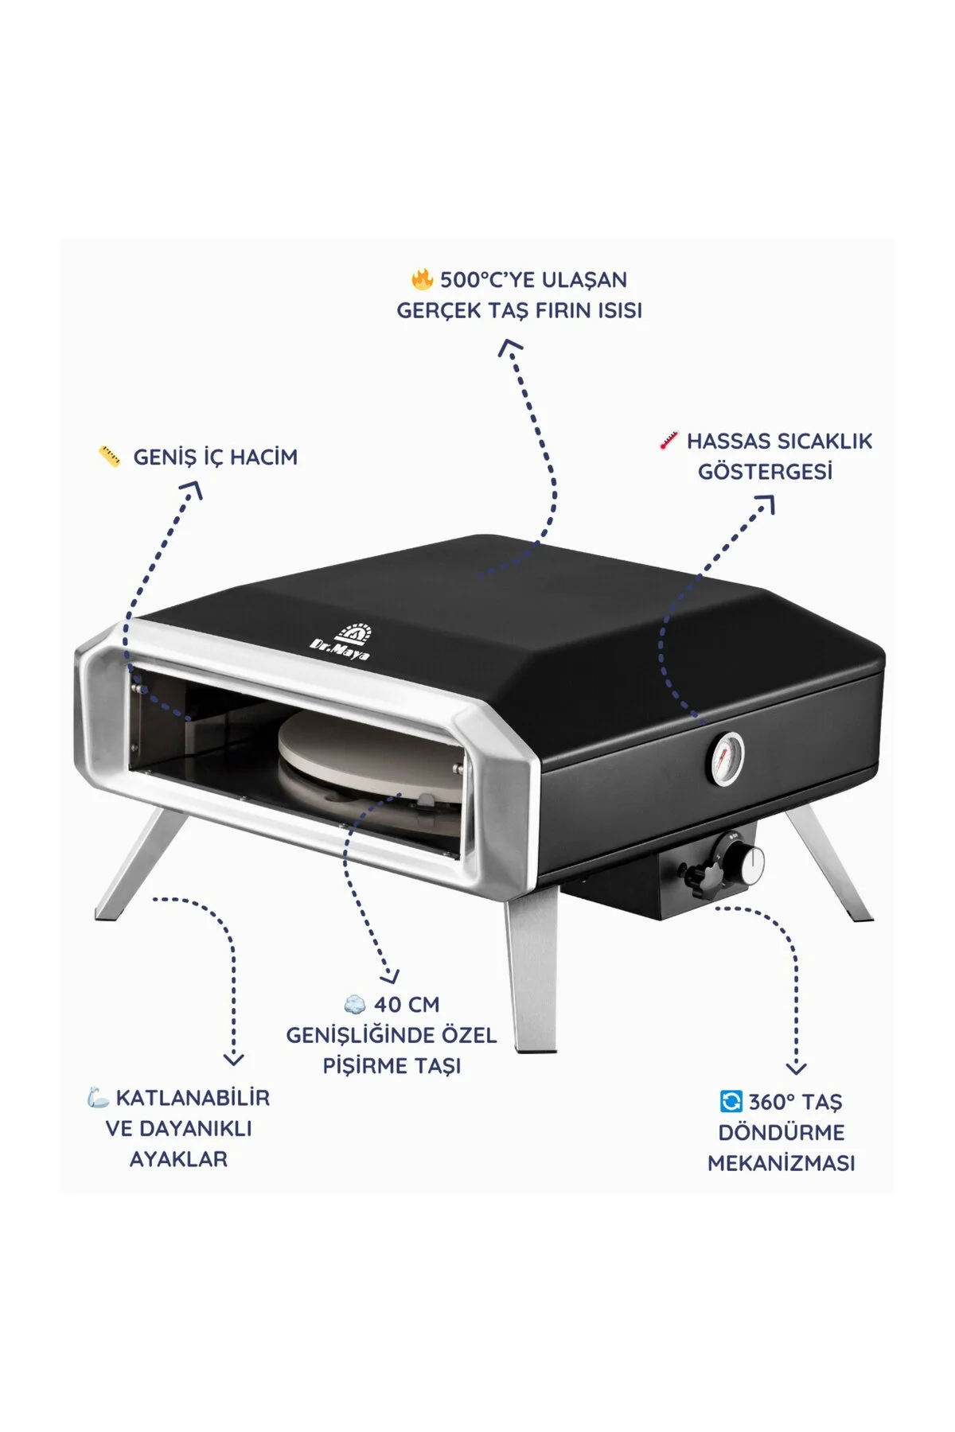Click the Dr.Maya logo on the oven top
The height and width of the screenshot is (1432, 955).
coord(341,642)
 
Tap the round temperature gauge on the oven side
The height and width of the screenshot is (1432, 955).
coord(726,759)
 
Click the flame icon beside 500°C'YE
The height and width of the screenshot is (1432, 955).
coord(422,280)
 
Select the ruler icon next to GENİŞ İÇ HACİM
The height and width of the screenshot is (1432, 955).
coord(110,457)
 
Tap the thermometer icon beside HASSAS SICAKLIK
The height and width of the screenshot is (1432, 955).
coord(668,441)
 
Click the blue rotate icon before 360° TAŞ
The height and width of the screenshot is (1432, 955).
coord(730,1101)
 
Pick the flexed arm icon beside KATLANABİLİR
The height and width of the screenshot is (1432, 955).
coord(98,1098)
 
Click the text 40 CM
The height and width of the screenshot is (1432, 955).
coord(407,1005)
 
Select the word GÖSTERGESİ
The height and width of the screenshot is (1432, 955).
coord(765,472)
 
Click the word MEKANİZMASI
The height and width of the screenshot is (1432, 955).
coord(781,1162)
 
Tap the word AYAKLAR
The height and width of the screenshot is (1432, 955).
coord(178,1159)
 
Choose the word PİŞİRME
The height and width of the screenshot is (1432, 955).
coord(363,1066)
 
